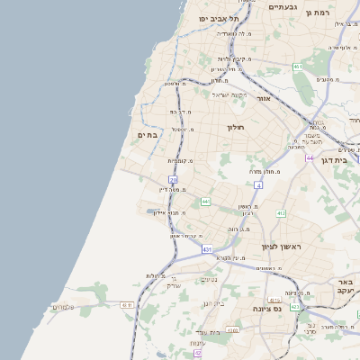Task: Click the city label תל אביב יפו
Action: (213, 18)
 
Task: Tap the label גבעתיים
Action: (283, 6)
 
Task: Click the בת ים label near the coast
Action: (148, 135)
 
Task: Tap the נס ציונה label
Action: (292, 309)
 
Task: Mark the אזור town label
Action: (264, 98)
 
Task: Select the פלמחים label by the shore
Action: (63, 308)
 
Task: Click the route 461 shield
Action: (297, 67)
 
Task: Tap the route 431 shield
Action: (208, 249)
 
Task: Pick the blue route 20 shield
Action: (173, 181)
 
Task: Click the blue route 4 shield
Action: (257, 184)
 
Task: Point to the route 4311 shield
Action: (127, 305)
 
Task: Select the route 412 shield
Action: (281, 213)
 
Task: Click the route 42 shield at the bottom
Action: (197, 354)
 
